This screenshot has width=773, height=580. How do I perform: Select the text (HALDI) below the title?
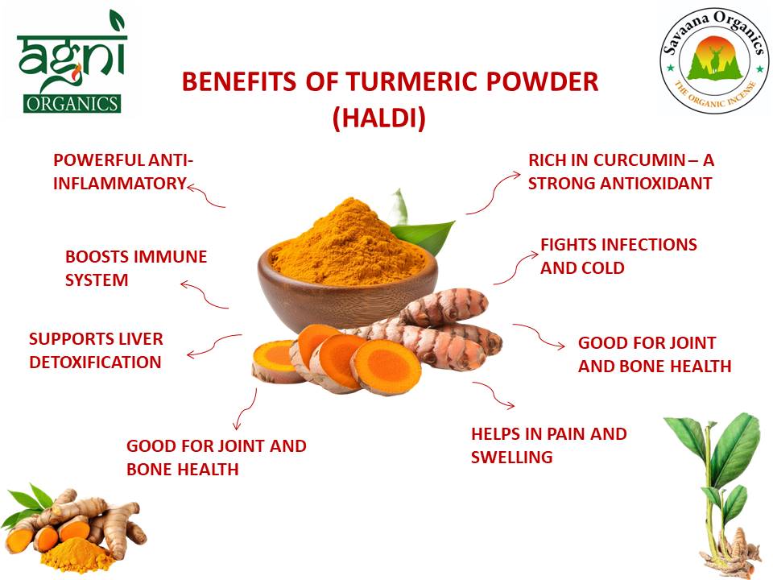(x=378, y=118)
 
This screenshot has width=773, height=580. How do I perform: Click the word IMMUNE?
(x=169, y=257)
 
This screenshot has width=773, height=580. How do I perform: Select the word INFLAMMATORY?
(x=119, y=183)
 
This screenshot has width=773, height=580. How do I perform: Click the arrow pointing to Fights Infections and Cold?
(x=515, y=266)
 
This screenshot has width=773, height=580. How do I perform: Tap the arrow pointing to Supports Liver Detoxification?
(x=213, y=345)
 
